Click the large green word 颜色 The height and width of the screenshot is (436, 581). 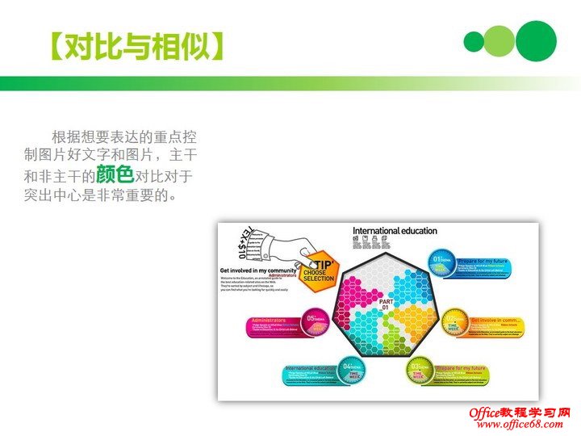click(x=115, y=174)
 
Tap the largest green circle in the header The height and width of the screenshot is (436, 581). click(x=536, y=40)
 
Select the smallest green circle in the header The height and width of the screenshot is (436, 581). click(x=474, y=41)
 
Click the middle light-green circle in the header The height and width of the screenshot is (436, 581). click(x=499, y=41)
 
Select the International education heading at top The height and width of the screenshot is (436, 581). click(x=395, y=231)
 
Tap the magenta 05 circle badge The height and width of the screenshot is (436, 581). click(x=316, y=323)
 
